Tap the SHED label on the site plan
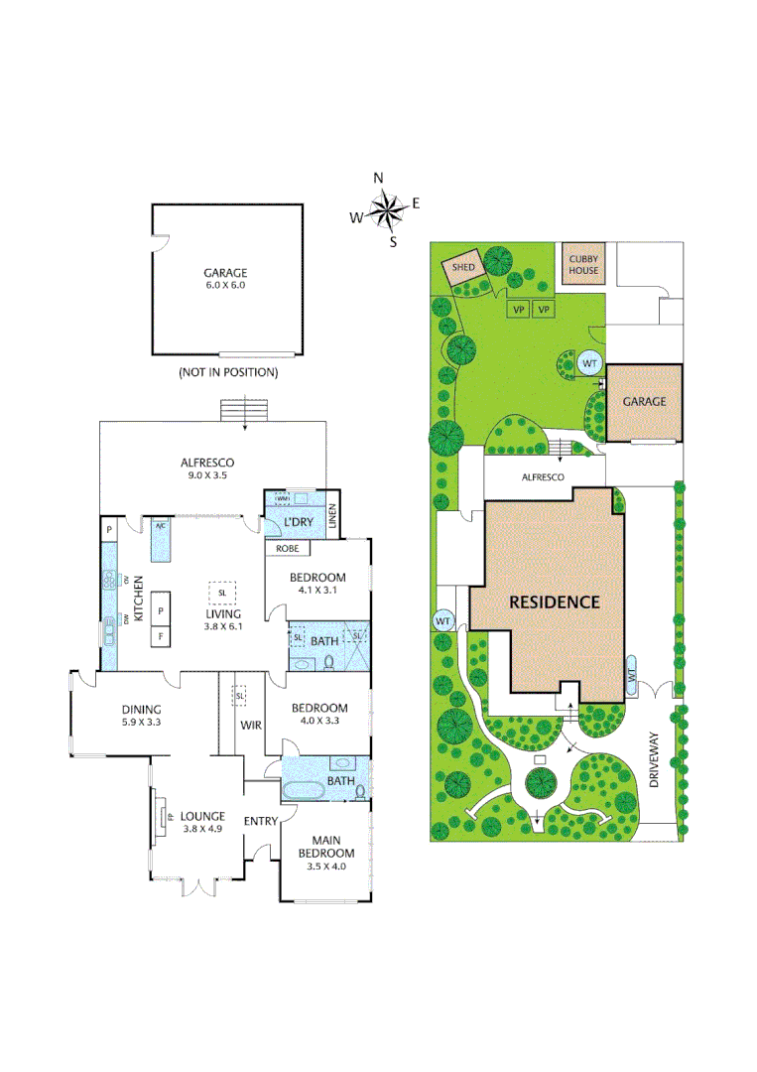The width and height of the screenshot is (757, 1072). [x=463, y=268]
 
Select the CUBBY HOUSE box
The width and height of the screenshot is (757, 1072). [x=583, y=265]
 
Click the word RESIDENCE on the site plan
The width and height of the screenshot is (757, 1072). [x=555, y=602]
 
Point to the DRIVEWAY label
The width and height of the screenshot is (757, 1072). [x=654, y=761]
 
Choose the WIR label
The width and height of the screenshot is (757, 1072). [x=251, y=725]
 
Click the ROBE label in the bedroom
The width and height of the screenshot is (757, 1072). [x=288, y=548]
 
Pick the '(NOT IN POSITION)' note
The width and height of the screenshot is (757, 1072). [x=227, y=372]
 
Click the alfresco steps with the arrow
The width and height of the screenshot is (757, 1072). [x=234, y=410]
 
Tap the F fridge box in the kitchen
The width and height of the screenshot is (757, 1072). [x=160, y=634]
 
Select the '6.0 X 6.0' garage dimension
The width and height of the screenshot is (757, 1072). [x=224, y=285]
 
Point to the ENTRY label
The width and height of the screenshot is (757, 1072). [x=261, y=820]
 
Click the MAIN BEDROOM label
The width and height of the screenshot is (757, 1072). [x=326, y=846]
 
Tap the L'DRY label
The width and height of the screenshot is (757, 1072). [x=300, y=522]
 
